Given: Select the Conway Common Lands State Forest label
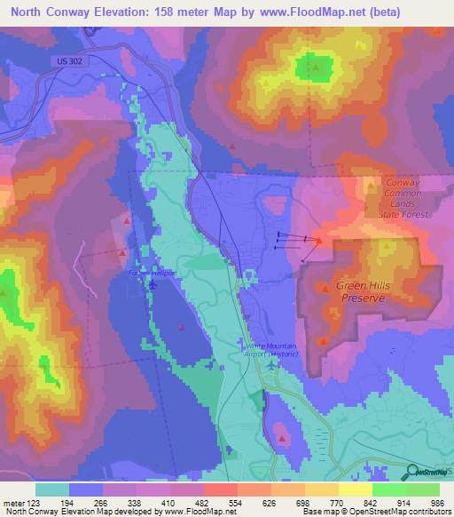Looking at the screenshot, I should tap(407, 198).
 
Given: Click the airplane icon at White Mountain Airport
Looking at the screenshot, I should tap(271, 364).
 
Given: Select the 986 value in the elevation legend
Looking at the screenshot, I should tap(437, 503).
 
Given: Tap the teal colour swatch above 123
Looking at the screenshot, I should tap(52, 489).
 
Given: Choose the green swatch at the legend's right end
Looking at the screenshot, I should tap(423, 489).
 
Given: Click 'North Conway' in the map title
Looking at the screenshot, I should tap(50, 12).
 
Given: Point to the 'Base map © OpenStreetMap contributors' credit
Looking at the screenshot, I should tap(375, 512).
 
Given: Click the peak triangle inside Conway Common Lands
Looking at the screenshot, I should tap(371, 186).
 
